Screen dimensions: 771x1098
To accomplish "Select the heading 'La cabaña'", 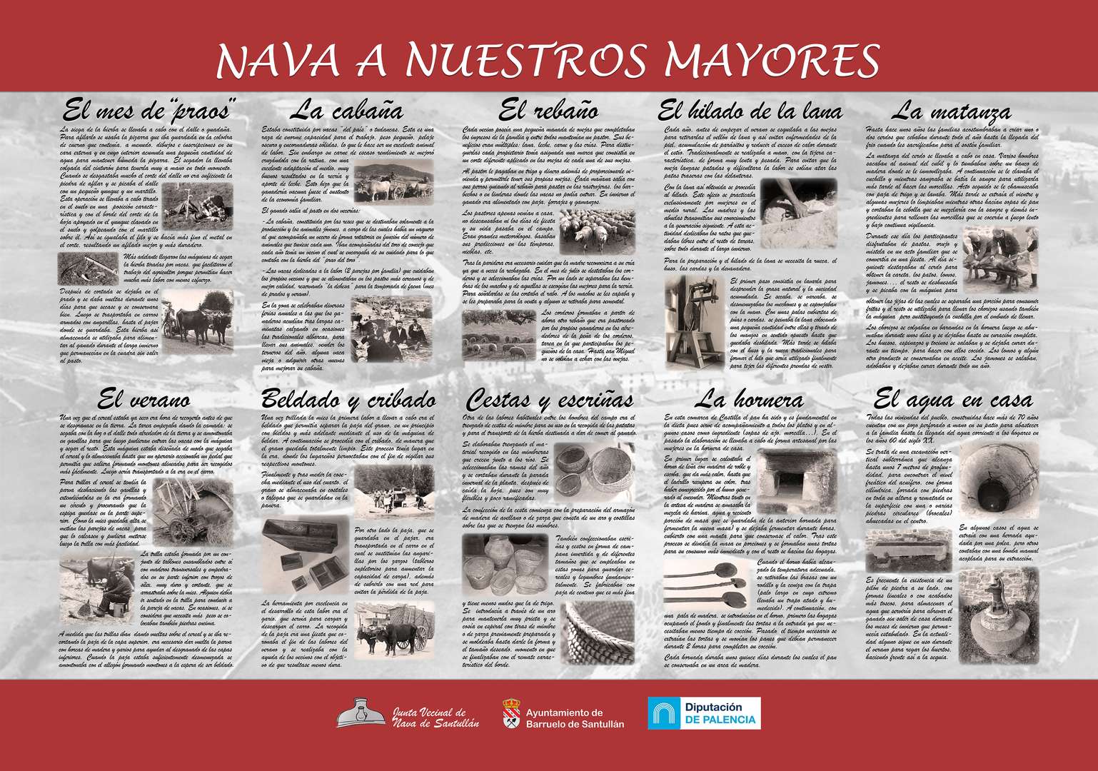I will pos(346,111).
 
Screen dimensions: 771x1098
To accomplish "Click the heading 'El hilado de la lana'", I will pos(750,112).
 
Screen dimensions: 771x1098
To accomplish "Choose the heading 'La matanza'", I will pos(952,112).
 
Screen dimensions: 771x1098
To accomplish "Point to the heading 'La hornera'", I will pos(749,399).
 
